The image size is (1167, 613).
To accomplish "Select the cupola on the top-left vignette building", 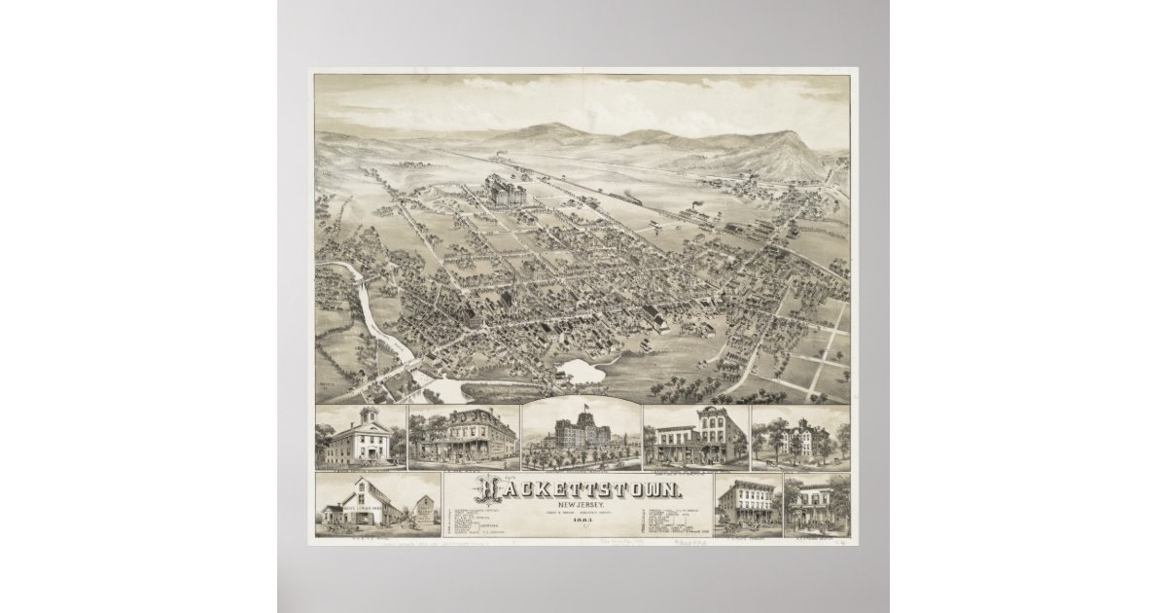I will click(367, 415).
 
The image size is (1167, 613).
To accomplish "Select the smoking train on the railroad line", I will click(695, 209).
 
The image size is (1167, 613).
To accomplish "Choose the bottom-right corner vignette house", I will click(816, 507).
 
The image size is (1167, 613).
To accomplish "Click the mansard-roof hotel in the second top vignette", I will click(463, 437).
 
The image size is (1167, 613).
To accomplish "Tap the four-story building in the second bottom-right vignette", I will click(747, 506).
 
